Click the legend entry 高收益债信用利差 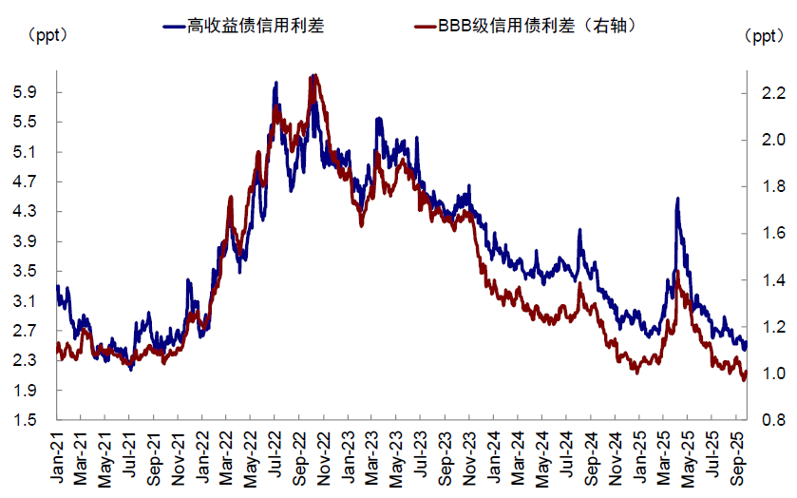point(256,26)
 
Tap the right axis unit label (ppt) point(763,37)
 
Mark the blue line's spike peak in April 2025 point(677,199)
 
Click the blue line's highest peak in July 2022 point(275,83)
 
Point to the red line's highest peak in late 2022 point(314,75)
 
